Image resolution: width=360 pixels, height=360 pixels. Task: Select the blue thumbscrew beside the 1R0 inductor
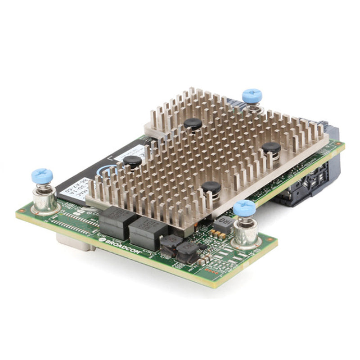point(245,208)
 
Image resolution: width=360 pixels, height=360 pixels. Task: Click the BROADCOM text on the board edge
point(121,246)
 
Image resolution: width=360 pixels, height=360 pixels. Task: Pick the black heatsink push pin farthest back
point(193,124)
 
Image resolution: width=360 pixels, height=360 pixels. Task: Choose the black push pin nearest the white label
point(132,162)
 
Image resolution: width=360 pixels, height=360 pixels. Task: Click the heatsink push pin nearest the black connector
point(272,148)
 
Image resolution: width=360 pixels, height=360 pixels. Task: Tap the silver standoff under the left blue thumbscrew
point(45,200)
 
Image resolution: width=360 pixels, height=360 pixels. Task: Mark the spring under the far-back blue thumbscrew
point(253,108)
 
